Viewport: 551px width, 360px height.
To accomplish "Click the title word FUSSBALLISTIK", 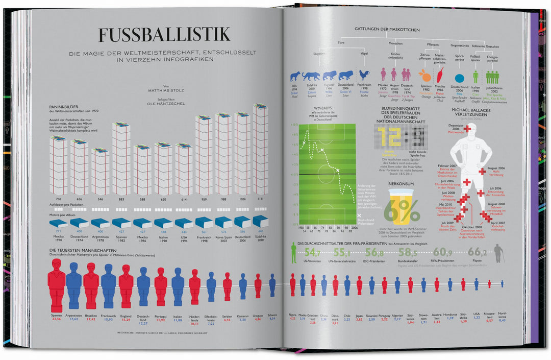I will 164,35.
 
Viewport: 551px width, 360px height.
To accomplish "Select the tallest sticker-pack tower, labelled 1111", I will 260,149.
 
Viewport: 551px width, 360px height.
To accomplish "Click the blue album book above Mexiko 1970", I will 59,223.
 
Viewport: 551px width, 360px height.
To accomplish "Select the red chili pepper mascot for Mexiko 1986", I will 440,75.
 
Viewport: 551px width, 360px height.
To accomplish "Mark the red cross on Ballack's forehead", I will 467,129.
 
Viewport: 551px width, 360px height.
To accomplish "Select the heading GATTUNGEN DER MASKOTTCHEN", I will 387,30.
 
